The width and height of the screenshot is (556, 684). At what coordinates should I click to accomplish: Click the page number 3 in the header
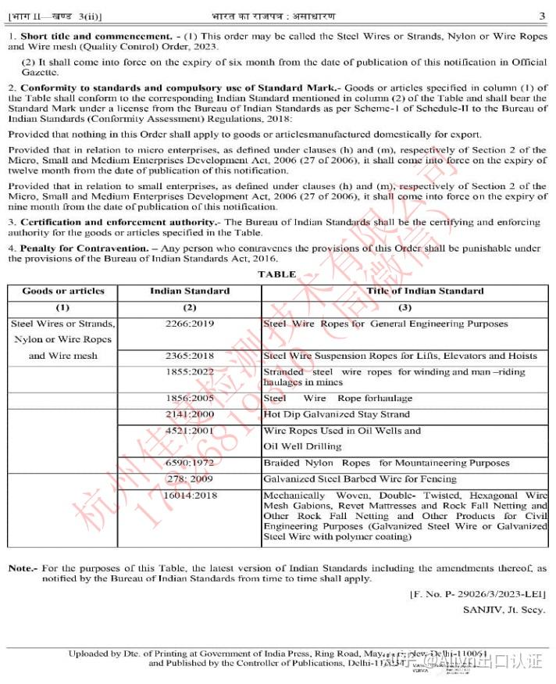pyautogui.click(x=543, y=16)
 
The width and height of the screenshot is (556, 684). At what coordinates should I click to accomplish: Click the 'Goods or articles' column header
pyautogui.click(x=63, y=291)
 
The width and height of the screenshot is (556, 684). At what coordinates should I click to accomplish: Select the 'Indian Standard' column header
pyautogui.click(x=190, y=291)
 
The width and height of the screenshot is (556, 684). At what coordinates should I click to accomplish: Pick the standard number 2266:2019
pyautogui.click(x=190, y=324)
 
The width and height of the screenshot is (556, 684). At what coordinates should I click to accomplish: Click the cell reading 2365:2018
pyautogui.click(x=190, y=356)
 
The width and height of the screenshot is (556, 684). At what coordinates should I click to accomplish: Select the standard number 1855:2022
pyautogui.click(x=190, y=372)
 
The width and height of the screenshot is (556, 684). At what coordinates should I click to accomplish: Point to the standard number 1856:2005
pyautogui.click(x=190, y=398)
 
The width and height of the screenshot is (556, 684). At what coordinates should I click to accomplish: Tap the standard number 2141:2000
pyautogui.click(x=190, y=414)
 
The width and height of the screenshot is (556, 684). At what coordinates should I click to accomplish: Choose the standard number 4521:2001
pyautogui.click(x=190, y=430)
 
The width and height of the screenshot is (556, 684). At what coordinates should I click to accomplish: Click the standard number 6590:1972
pyautogui.click(x=190, y=463)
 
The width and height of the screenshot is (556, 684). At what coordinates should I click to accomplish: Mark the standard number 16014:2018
pyautogui.click(x=190, y=495)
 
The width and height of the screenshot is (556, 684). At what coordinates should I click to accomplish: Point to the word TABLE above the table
pyautogui.click(x=277, y=274)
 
